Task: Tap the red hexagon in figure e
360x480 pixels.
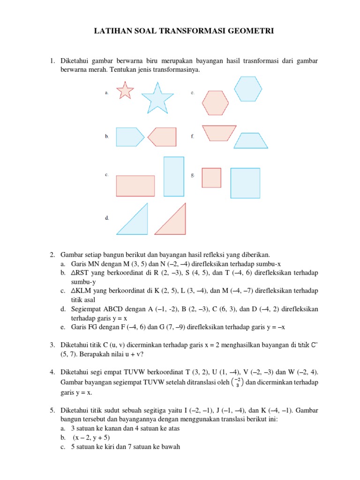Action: tap(216, 103)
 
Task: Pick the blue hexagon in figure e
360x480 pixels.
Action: tap(248, 89)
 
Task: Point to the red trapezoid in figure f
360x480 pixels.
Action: tap(218, 133)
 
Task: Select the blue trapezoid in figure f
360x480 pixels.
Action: tap(250, 141)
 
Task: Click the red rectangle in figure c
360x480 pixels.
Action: tap(135, 186)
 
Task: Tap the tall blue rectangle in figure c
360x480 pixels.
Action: tap(174, 176)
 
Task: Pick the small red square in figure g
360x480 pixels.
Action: tap(211, 178)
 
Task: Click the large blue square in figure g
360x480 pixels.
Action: tap(245, 183)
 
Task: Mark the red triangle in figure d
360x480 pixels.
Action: tap(173, 221)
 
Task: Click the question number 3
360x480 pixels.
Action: tap(52, 345)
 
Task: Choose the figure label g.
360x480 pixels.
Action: tap(193, 175)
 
